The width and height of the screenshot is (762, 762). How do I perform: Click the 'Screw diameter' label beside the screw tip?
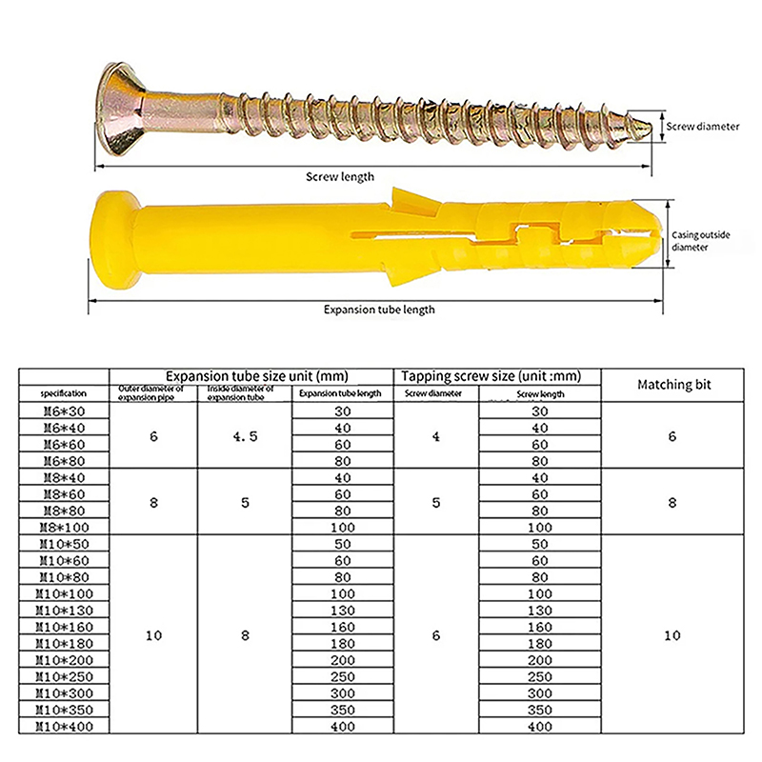(x=702, y=127)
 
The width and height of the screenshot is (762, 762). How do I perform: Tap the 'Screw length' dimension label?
(x=340, y=177)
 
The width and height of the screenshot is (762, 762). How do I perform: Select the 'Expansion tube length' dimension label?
(x=379, y=310)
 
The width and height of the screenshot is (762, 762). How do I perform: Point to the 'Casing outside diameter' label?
(x=701, y=241)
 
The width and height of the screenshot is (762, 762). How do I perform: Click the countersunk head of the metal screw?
(x=122, y=110)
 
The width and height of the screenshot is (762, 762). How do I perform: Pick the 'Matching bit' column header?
(x=673, y=385)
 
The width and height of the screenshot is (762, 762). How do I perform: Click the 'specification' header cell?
(x=64, y=393)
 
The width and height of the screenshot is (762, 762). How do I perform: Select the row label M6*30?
(x=64, y=411)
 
